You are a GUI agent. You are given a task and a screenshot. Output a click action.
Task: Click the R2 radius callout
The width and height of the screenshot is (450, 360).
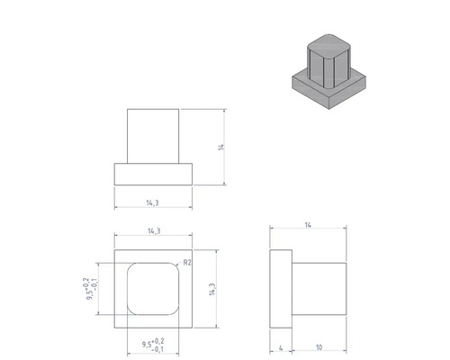click(188, 262)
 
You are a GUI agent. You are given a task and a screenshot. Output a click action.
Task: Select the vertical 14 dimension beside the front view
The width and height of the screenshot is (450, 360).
click(220, 147)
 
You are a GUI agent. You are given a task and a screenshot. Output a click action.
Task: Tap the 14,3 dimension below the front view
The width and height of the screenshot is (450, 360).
click(153, 203)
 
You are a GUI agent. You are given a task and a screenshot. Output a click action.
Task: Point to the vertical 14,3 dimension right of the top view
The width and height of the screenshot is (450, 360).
click(211, 291)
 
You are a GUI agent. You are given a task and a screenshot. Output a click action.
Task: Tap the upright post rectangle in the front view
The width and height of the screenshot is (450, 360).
click(153, 135)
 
